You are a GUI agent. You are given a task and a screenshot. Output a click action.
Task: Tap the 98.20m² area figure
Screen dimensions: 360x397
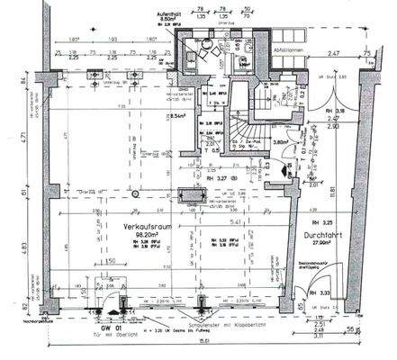[144, 236]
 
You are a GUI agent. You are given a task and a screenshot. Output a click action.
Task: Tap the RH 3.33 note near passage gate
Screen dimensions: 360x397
[316, 293]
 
